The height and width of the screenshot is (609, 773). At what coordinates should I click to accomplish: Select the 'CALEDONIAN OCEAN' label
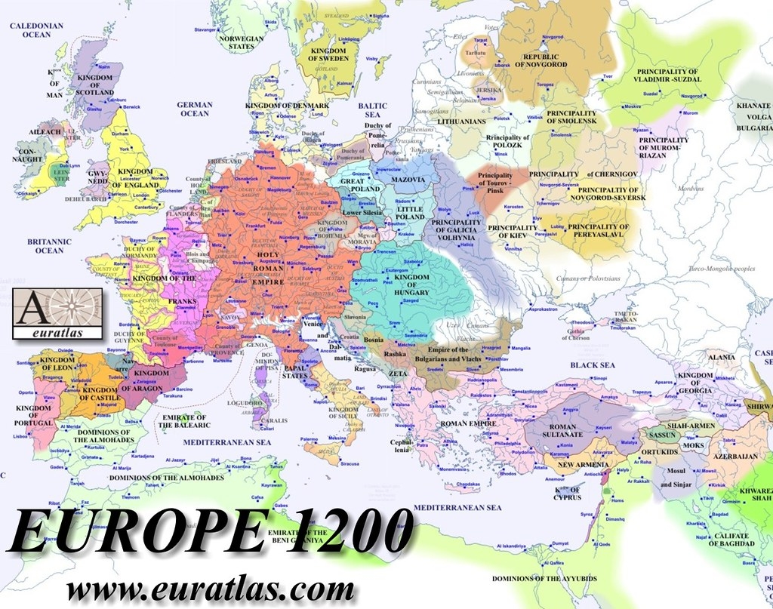pyautogui.click(x=36, y=30)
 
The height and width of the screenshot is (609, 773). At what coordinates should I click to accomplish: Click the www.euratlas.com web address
pyautogui.click(x=210, y=588)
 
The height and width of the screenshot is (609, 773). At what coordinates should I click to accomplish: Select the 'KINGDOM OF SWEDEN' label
pyautogui.click(x=328, y=57)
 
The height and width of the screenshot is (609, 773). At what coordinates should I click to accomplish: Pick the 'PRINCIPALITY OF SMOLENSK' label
pyautogui.click(x=571, y=117)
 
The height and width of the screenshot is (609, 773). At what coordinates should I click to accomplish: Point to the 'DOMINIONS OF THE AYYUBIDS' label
pyautogui.click(x=537, y=579)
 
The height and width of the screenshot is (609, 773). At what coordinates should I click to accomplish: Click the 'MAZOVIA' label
pyautogui.click(x=407, y=180)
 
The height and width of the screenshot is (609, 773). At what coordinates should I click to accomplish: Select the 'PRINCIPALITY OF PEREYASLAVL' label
pyautogui.click(x=597, y=231)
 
